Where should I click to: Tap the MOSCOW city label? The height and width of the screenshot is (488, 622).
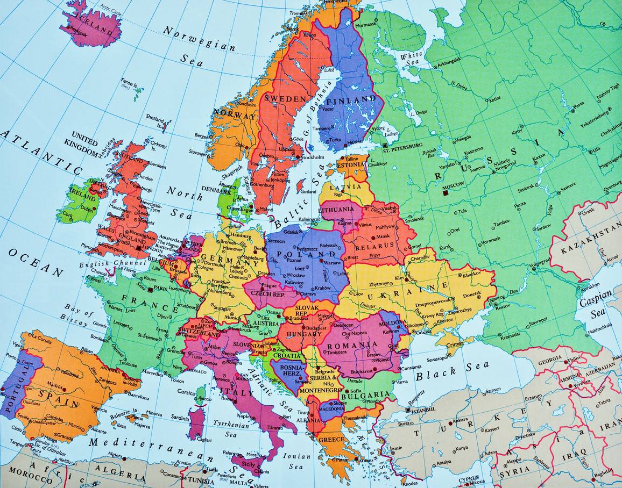[x=453, y=186]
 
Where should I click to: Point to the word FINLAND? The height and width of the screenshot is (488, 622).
[x=351, y=100]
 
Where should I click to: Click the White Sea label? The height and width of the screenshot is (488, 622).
[x=411, y=58]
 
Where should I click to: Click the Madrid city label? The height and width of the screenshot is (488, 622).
[x=54, y=385]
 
